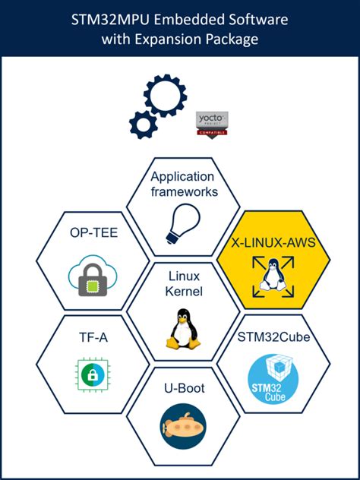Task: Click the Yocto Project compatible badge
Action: coord(212,124)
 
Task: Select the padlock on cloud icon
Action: coord(93,273)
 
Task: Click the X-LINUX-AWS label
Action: coord(273,244)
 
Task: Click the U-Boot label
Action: coord(183,389)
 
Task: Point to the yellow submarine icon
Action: coord(183,422)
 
